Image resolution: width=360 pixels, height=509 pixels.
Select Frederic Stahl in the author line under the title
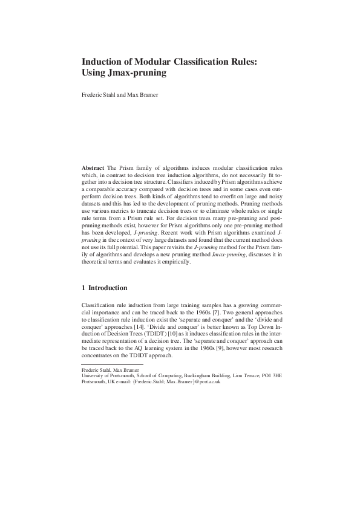[99, 95]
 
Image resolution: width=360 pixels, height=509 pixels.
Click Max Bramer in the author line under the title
[143, 95]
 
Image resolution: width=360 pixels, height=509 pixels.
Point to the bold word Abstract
[93, 166]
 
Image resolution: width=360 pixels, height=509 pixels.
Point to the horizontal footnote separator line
[112, 365]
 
